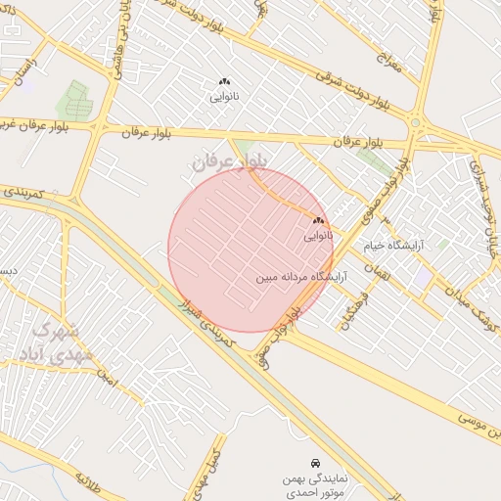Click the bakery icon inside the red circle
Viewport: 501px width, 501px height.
(x=318, y=221)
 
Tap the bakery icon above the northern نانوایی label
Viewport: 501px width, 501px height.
(x=224, y=82)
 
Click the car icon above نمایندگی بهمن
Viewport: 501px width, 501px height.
(x=313, y=461)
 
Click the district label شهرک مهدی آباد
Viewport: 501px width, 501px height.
(x=61, y=342)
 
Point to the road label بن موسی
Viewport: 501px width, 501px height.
(x=479, y=429)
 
